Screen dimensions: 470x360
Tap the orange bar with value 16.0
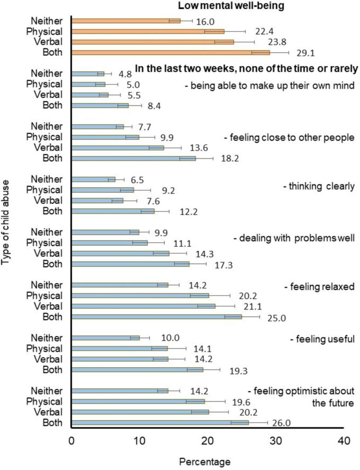[x=126, y=21]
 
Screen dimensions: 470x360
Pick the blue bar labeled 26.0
[x=160, y=422]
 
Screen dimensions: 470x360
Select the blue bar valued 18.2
[x=134, y=158]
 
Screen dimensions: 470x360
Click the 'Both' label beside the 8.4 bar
[x=52, y=105]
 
